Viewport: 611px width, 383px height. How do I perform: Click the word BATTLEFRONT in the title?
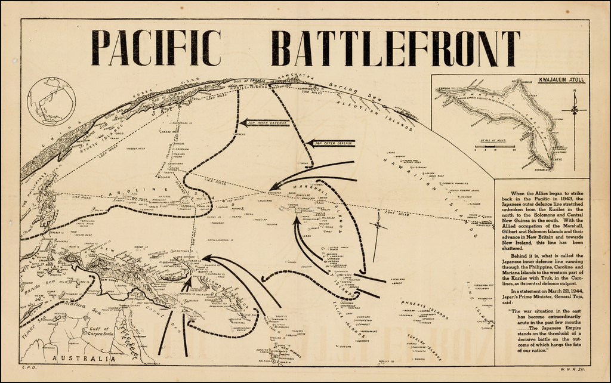tap(395, 48)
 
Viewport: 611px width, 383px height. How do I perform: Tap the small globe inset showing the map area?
tap(51, 101)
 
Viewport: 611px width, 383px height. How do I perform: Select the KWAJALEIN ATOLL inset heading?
tap(561, 79)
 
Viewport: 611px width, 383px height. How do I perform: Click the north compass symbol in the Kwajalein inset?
tap(574, 110)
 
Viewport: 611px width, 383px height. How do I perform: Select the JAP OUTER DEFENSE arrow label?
tap(333, 143)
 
